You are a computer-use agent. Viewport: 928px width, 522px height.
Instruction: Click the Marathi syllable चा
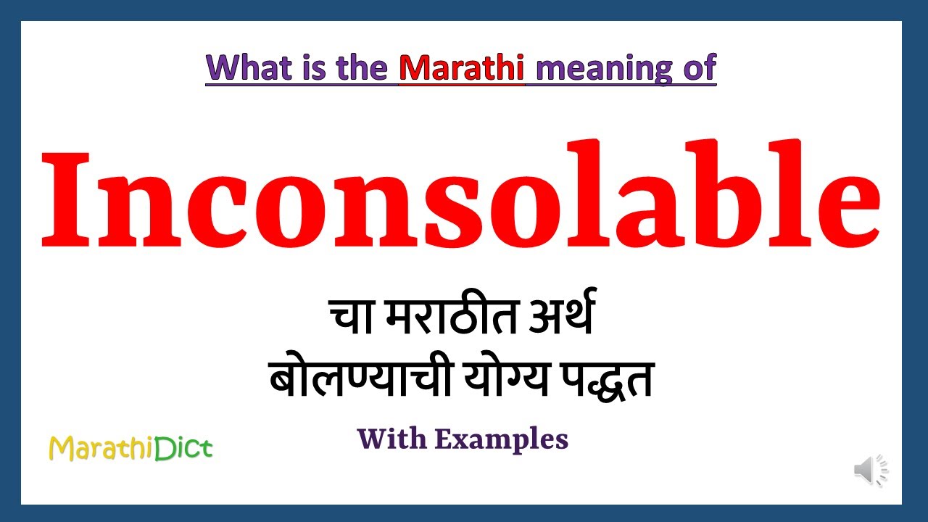point(351,318)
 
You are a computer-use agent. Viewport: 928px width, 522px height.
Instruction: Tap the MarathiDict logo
point(130,449)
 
